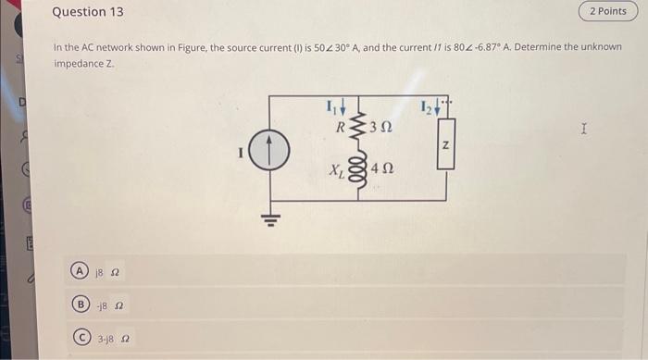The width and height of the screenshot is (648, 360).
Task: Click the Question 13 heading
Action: (87, 12)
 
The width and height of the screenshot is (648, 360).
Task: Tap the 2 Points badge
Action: (607, 11)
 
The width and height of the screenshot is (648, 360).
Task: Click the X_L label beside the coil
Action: (337, 170)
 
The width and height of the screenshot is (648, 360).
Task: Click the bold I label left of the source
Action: (242, 154)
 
